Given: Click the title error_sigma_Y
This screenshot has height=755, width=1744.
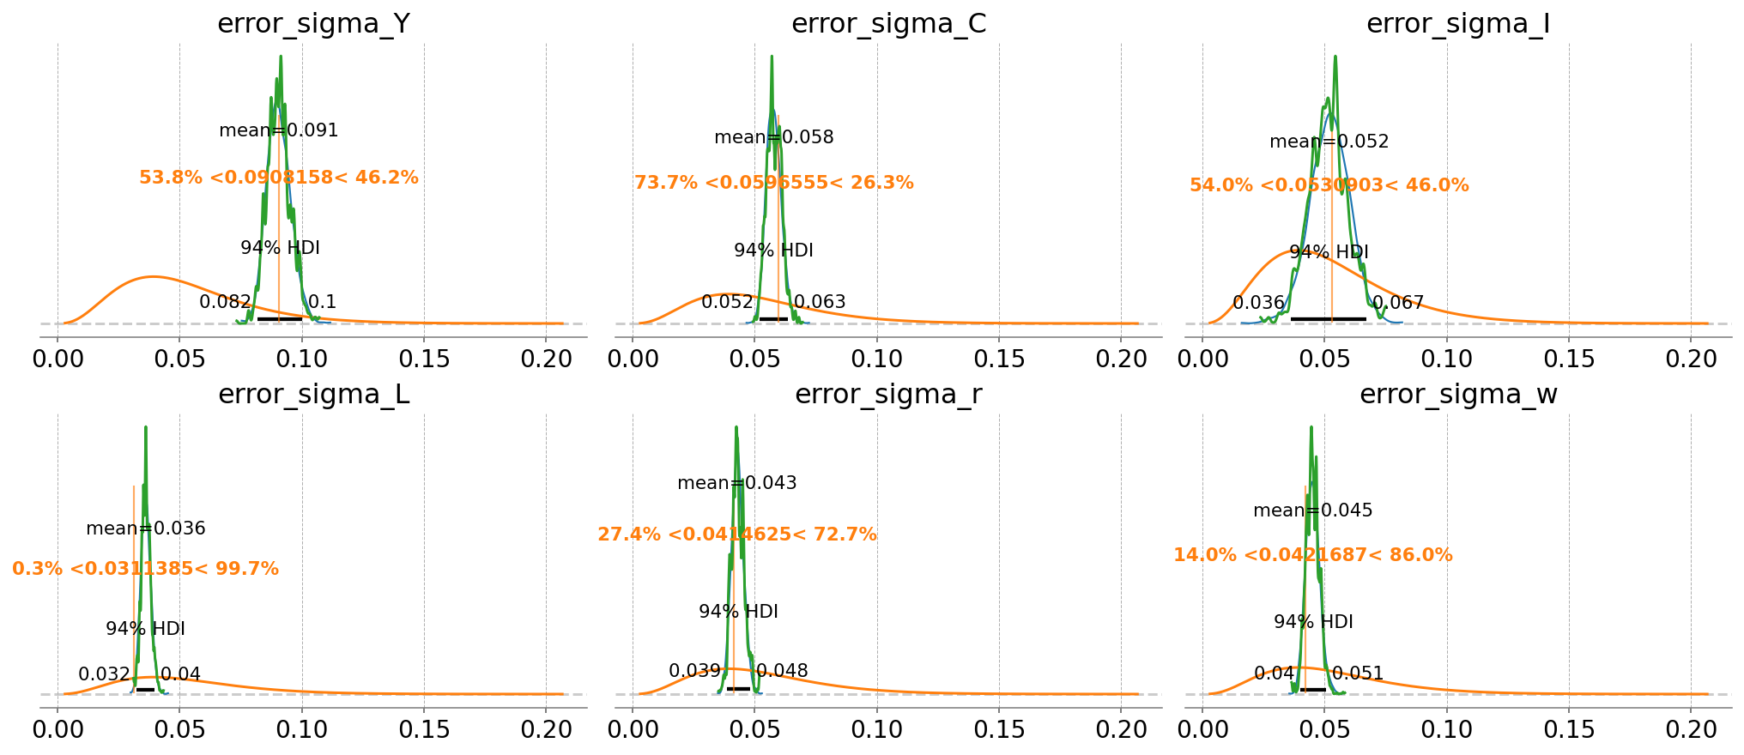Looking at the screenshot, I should [x=313, y=23].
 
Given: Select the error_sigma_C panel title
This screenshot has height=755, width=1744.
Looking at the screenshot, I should [x=888, y=23].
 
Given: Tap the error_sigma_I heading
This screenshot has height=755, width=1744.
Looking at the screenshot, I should [x=1457, y=23].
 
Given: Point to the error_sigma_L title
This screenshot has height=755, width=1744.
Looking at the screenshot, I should [x=313, y=394].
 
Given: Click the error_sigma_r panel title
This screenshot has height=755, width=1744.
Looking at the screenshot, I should [x=888, y=394].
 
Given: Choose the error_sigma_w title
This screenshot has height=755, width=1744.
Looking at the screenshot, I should [x=1457, y=394].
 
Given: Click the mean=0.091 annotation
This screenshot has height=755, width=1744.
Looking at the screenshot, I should [x=279, y=130].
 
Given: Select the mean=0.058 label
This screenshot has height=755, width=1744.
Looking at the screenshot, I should [x=773, y=137].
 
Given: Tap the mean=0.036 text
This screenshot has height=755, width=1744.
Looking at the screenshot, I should [x=146, y=528].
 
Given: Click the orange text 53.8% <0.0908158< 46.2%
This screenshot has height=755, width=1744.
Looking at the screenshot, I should [x=279, y=178].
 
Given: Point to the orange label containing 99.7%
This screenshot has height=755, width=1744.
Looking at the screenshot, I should [x=146, y=569].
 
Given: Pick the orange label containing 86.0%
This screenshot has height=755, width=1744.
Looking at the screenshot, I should [x=1313, y=555].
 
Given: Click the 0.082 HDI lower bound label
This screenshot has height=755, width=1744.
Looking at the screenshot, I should [x=225, y=302].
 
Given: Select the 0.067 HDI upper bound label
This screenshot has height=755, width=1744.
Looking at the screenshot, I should [x=1398, y=303].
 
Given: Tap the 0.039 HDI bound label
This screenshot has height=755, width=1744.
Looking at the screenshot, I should [x=694, y=671].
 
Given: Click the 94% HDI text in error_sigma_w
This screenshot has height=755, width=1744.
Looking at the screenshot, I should [x=1313, y=622].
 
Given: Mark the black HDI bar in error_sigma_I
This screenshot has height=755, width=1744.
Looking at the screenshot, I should [x=1328, y=318].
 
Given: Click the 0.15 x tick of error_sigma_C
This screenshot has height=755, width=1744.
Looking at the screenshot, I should [x=999, y=358].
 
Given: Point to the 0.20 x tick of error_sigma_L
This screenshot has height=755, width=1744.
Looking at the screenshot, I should [x=546, y=728].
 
